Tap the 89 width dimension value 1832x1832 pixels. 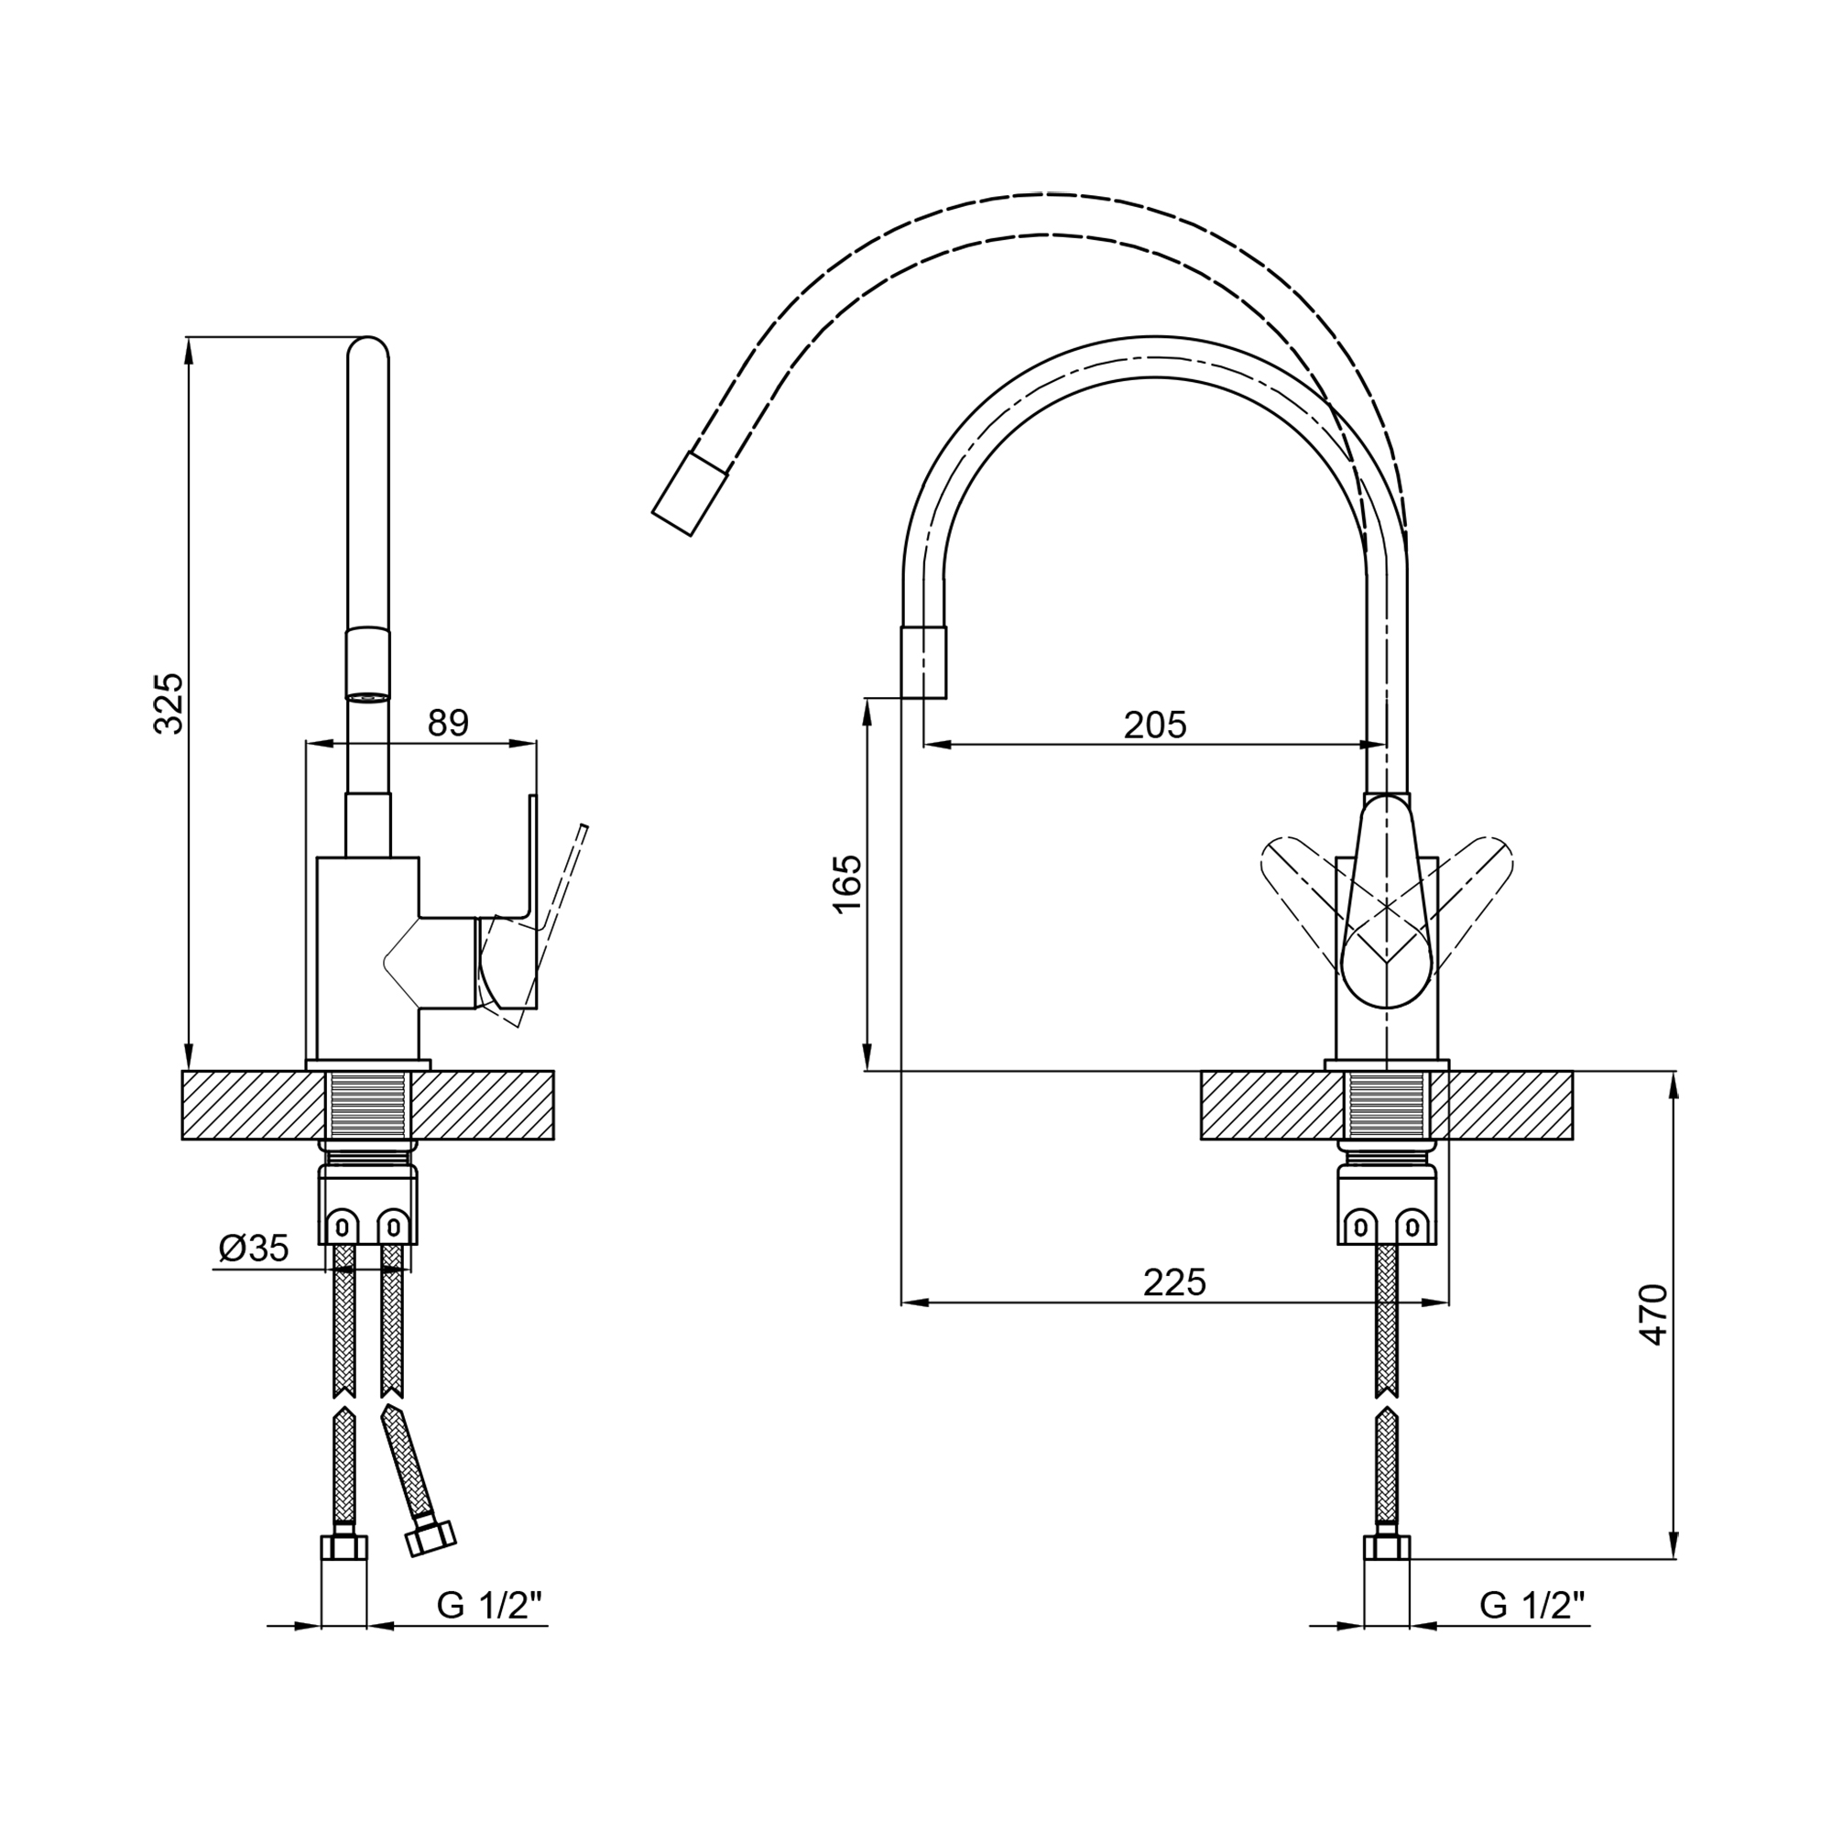[448, 724]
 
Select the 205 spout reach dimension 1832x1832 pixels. [1155, 725]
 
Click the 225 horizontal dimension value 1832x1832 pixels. [1174, 1282]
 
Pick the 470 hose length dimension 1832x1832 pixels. [1653, 1314]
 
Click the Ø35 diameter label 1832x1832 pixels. [253, 1249]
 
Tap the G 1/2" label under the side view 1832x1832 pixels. [489, 1606]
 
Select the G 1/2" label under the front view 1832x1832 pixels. [1532, 1606]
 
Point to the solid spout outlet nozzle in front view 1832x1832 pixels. [923, 662]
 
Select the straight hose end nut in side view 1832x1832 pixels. [344, 1548]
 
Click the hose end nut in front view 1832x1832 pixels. [1386, 1548]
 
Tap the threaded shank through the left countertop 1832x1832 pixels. [368, 1106]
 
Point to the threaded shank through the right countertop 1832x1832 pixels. [1386, 1106]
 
